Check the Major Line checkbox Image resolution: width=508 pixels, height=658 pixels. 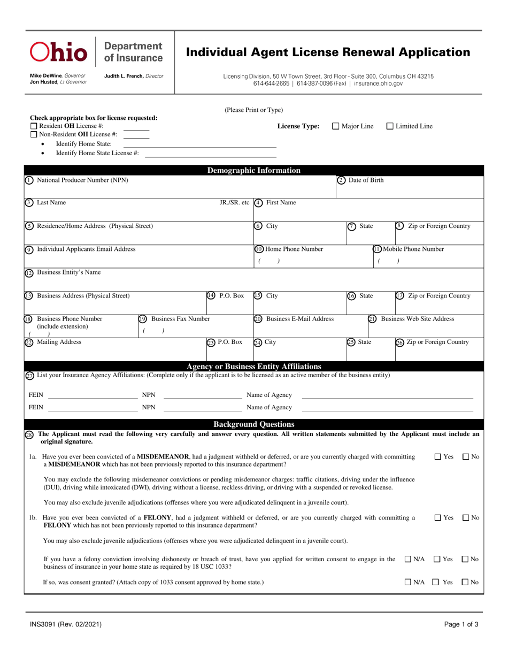pyautogui.click(x=336, y=126)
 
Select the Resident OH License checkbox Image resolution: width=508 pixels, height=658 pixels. pyautogui.click(x=33, y=126)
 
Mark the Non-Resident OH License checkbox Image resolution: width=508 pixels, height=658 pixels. pyautogui.click(x=33, y=134)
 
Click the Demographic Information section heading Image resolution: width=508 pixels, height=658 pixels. pyautogui.click(x=253, y=171)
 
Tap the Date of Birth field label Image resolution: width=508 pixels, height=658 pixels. pyautogui.click(x=366, y=180)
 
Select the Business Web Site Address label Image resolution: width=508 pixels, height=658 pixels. pyautogui.click(x=417, y=319)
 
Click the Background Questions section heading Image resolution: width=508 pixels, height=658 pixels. pyautogui.click(x=253, y=424)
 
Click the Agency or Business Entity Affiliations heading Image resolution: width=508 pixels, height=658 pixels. pyautogui.click(x=253, y=366)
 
